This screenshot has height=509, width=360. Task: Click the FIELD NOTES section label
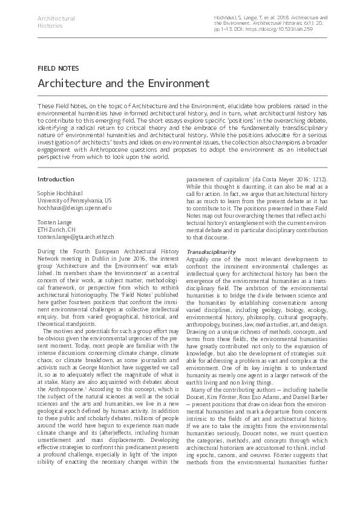pyautogui.click(x=58, y=68)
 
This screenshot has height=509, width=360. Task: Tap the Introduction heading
pyautogui.click(x=56, y=180)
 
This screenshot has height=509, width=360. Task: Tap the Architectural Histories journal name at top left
pyautogui.click(x=56, y=22)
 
